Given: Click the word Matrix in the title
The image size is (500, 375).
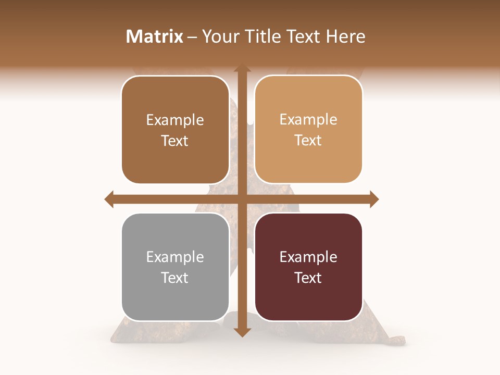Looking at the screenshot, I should pos(155,36).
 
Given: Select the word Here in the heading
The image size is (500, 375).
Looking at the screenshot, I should pos(345,36).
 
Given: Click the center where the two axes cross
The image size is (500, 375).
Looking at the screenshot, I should pos(242,199).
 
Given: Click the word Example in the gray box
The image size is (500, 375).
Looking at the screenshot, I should pos(175,257).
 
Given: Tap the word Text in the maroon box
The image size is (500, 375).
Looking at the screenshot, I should pos(308,278).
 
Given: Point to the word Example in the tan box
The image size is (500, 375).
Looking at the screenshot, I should pos(308,119).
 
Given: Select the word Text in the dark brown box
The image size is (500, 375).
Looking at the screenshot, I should pos(175,141).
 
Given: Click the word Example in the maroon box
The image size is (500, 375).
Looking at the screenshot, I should pos(308,257).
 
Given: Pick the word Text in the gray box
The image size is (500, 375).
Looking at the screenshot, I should pos(175,278).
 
